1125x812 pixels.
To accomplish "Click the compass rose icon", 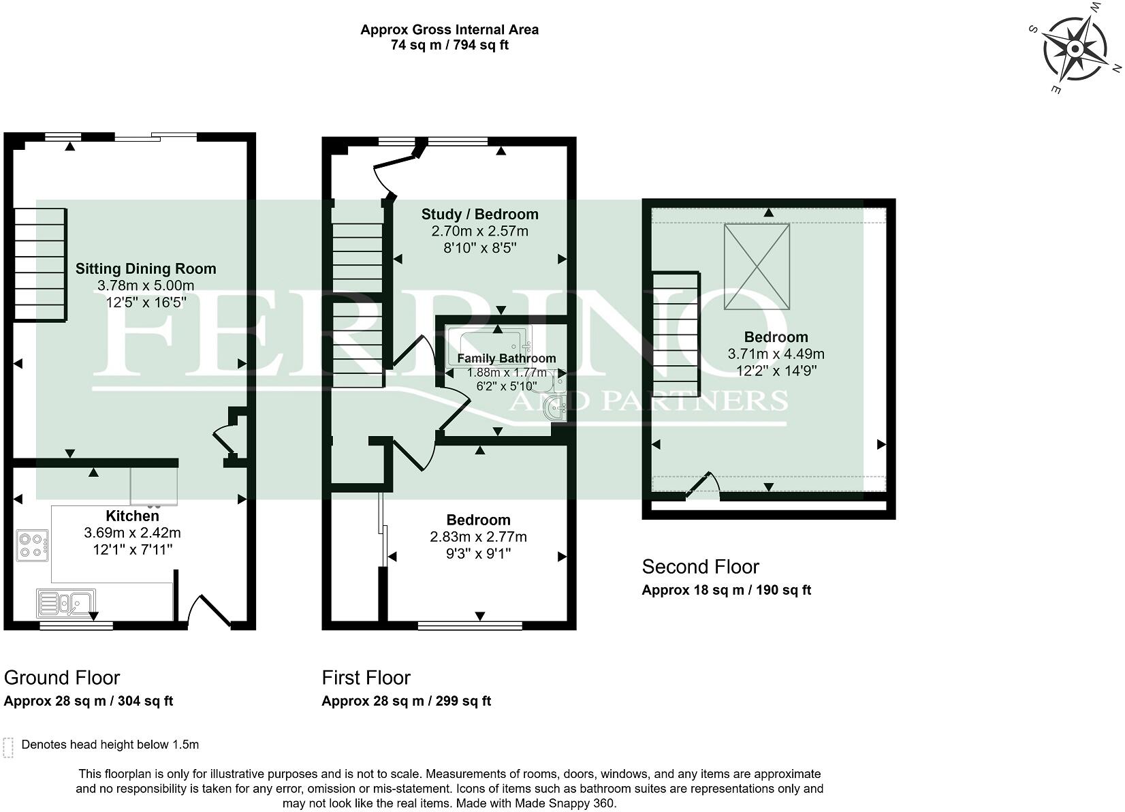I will [x=1075, y=50].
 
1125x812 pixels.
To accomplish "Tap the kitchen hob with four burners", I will [x=32, y=546].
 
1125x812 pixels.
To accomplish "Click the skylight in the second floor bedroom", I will [x=757, y=267].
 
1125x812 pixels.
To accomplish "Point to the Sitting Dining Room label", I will [x=146, y=268].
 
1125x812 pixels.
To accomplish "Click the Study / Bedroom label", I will [x=479, y=215].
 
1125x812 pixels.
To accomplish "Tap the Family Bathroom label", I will [x=506, y=358].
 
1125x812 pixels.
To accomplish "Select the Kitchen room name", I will [x=132, y=516].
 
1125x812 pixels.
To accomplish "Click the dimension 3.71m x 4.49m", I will [x=776, y=354].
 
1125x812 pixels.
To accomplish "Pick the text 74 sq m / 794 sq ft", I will [x=449, y=46].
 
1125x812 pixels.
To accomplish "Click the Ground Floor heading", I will [x=62, y=678].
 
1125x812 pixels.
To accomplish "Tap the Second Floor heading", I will [x=700, y=567].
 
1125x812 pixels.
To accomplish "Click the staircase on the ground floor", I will [x=40, y=264].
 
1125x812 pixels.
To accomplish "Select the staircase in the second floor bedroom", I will [x=676, y=329].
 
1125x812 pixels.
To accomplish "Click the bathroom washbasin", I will [x=557, y=409].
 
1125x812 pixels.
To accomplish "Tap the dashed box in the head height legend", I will [x=8, y=747].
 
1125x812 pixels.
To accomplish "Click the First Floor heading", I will [x=366, y=678].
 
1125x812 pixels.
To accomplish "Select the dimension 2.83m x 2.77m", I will [x=478, y=537].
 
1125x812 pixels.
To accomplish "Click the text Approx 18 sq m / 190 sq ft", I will [x=726, y=590].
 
